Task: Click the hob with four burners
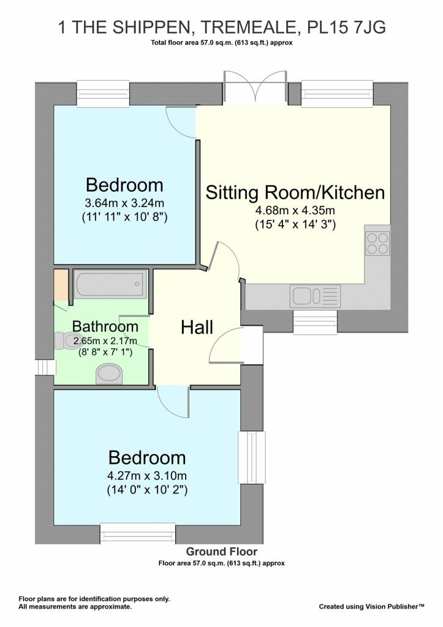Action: point(377,244)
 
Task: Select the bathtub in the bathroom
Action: point(110,284)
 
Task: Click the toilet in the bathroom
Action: point(67,340)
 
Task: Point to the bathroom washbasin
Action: point(109,374)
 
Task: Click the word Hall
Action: point(197,327)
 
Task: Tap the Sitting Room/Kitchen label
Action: point(295,192)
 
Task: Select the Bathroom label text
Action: point(105,326)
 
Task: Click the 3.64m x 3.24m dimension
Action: point(124,203)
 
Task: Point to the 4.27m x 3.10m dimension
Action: point(147,476)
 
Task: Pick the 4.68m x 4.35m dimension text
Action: point(295,211)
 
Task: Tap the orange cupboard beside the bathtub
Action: point(61,285)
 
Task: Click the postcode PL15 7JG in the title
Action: point(346,28)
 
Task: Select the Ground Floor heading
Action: point(221,552)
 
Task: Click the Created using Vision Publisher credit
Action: point(371,607)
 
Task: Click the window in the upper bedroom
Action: point(103,94)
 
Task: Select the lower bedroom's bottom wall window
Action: point(138,533)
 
